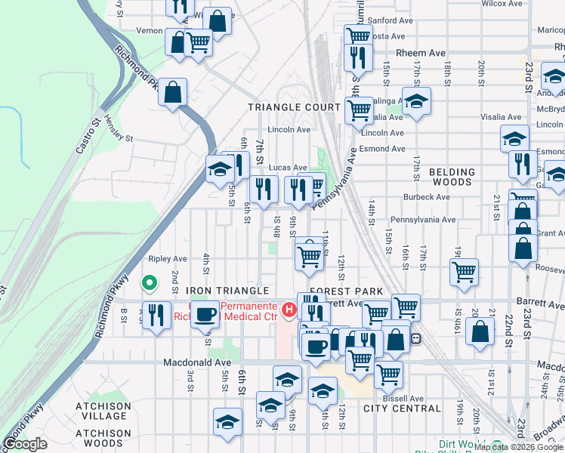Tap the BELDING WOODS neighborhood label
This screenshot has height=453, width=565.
coord(452,177)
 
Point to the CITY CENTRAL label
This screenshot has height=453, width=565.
coord(402,408)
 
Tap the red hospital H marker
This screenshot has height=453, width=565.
coord(288,310)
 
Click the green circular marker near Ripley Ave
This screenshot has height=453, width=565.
coord(150,283)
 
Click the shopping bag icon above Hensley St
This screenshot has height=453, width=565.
coord(173,93)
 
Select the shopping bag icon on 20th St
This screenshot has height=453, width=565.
coord(480,331)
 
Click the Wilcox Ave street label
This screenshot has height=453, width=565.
coord(502,4)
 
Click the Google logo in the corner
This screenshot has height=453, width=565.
coord(25,444)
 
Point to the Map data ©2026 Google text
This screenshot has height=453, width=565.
coord(517,447)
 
